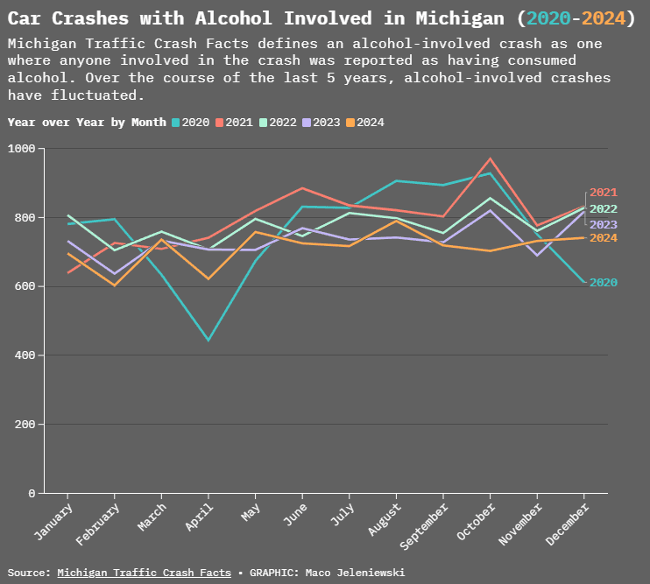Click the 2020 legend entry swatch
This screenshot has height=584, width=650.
click(x=175, y=123)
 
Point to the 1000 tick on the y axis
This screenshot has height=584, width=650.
click(x=20, y=149)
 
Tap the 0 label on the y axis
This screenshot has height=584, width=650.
click(x=31, y=494)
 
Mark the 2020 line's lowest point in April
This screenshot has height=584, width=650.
click(x=208, y=340)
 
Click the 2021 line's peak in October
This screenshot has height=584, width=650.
click(x=490, y=159)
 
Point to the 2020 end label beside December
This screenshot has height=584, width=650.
click(x=604, y=283)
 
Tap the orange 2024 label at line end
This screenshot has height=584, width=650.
click(x=604, y=238)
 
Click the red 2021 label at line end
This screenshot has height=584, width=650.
click(x=604, y=193)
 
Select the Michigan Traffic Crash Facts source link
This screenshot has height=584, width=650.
click(x=144, y=573)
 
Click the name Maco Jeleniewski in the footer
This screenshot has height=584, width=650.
click(x=355, y=573)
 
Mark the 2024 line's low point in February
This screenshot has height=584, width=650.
click(x=115, y=285)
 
